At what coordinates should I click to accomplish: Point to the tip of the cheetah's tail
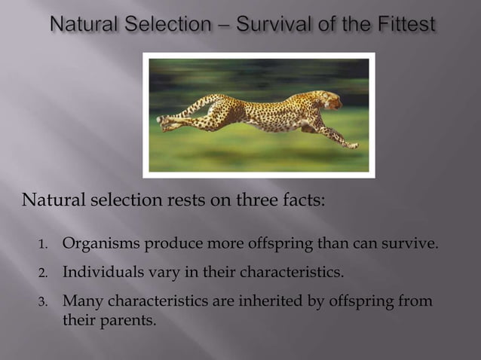pyautogui.click(x=160, y=119)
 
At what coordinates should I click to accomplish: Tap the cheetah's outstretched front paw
pyautogui.click(x=351, y=145)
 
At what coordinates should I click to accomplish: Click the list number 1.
pyautogui.click(x=42, y=245)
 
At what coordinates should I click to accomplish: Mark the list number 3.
pyautogui.click(x=42, y=302)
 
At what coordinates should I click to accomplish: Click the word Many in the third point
pyautogui.click(x=82, y=301)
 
